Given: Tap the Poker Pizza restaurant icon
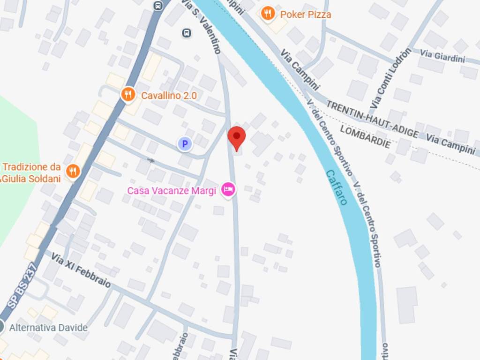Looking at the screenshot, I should [268, 14].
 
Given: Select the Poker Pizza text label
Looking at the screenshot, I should [306, 15].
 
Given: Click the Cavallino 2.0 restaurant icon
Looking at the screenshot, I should [128, 95].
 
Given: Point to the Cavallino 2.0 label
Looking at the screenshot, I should [169, 96].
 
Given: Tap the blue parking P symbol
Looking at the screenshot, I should [185, 144].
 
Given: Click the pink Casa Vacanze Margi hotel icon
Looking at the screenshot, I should [228, 190].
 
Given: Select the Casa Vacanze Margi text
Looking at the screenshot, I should [172, 191].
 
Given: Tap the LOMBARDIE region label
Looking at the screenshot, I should [365, 136].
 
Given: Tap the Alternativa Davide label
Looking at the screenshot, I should [48, 327].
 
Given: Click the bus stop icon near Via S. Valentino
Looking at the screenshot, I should [187, 33].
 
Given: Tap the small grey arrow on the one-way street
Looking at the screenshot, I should [150, 160].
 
